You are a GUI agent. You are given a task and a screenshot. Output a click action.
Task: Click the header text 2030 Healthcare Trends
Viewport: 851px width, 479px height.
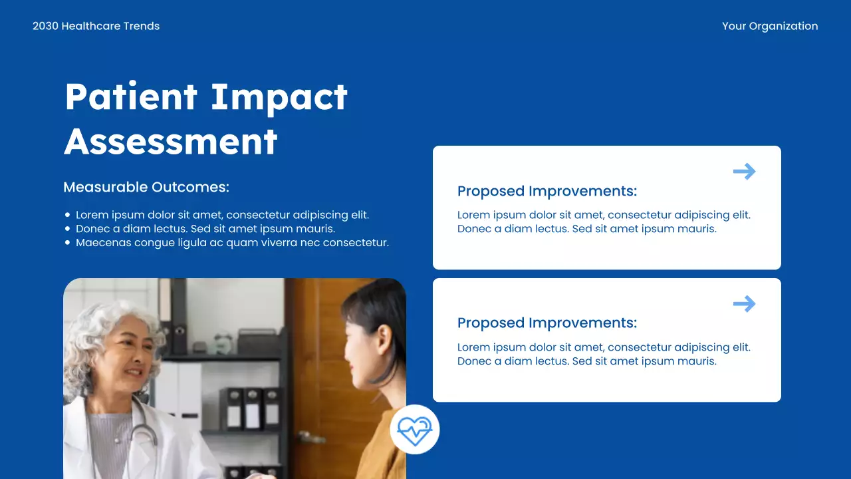[x=96, y=26]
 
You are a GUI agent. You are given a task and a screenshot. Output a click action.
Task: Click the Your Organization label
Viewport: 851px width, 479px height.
[x=770, y=26]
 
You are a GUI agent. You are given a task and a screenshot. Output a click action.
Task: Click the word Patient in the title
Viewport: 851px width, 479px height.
[x=131, y=96]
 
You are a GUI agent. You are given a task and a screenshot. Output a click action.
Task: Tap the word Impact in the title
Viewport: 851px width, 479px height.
[x=279, y=96]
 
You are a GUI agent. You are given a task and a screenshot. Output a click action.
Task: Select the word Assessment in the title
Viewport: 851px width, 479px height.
[x=171, y=141]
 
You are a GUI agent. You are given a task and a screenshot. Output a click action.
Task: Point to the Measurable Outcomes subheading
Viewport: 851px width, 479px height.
[x=146, y=187]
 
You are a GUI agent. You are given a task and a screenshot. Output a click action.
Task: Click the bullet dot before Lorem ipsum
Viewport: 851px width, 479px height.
[x=68, y=215]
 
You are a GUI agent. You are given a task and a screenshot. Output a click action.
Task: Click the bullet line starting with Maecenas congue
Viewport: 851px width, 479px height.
[x=232, y=243]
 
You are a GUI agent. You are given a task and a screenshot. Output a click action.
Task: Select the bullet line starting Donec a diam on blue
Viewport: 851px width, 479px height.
[x=205, y=229]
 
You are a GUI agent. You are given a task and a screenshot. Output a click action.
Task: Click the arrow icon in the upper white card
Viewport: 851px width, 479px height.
[x=744, y=172]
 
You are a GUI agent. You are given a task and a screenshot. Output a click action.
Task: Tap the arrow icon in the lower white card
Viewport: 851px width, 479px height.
[x=744, y=304]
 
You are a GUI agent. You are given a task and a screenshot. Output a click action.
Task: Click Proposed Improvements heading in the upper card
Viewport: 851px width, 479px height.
[x=547, y=191]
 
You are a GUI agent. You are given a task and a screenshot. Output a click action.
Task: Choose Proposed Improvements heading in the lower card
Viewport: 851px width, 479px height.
[x=547, y=323]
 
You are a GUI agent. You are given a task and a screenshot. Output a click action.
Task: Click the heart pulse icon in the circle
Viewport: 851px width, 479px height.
[x=415, y=430]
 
